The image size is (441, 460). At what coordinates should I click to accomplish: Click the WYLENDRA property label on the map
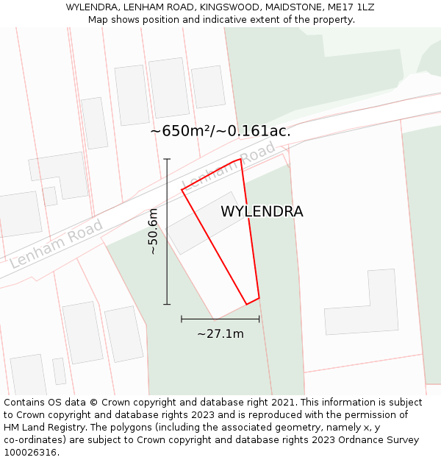click(x=262, y=211)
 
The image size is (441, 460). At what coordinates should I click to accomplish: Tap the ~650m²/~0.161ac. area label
click(x=220, y=131)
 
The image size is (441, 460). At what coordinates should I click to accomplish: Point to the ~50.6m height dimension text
click(x=153, y=231)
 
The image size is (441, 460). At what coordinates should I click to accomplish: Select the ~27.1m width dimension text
click(x=220, y=334)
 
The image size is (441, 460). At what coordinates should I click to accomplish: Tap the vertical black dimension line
click(x=167, y=231)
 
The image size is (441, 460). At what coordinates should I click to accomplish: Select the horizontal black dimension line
click(x=220, y=319)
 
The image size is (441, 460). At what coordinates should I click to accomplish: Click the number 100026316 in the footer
click(x=29, y=453)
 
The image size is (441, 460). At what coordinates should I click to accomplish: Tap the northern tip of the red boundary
click(x=240, y=158)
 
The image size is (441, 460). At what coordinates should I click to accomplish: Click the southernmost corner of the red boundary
click(x=246, y=305)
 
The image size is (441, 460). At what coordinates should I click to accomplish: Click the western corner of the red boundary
click(x=182, y=190)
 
